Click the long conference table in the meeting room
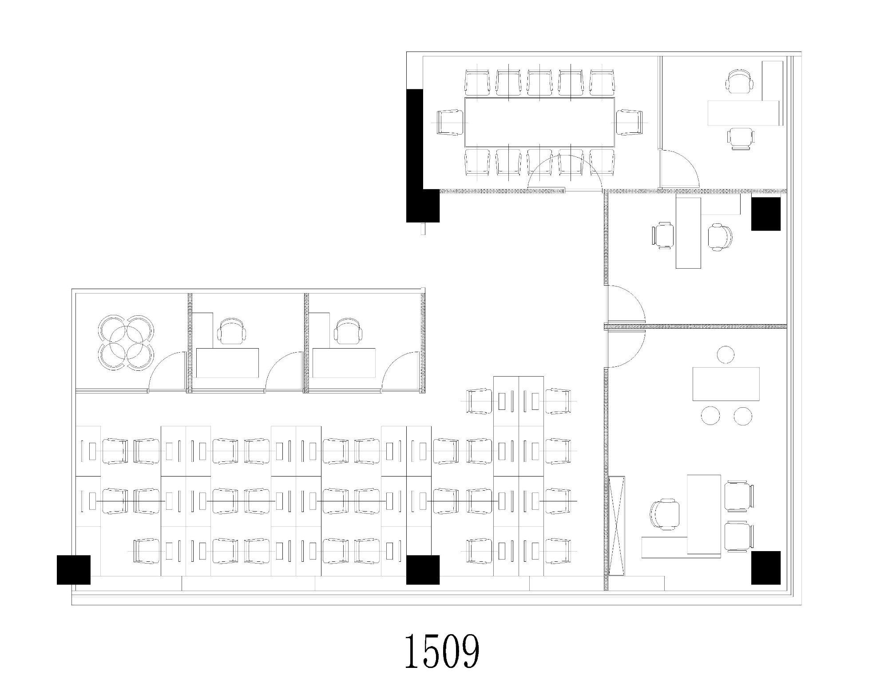539,122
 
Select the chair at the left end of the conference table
450,122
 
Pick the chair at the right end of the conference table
629,122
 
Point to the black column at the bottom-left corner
74,570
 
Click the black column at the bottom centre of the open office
423,570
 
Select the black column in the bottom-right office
766,568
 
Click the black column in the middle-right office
766,214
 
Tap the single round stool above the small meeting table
725,354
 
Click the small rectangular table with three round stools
726,384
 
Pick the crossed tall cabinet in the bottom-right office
617,526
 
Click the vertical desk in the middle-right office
688,233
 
